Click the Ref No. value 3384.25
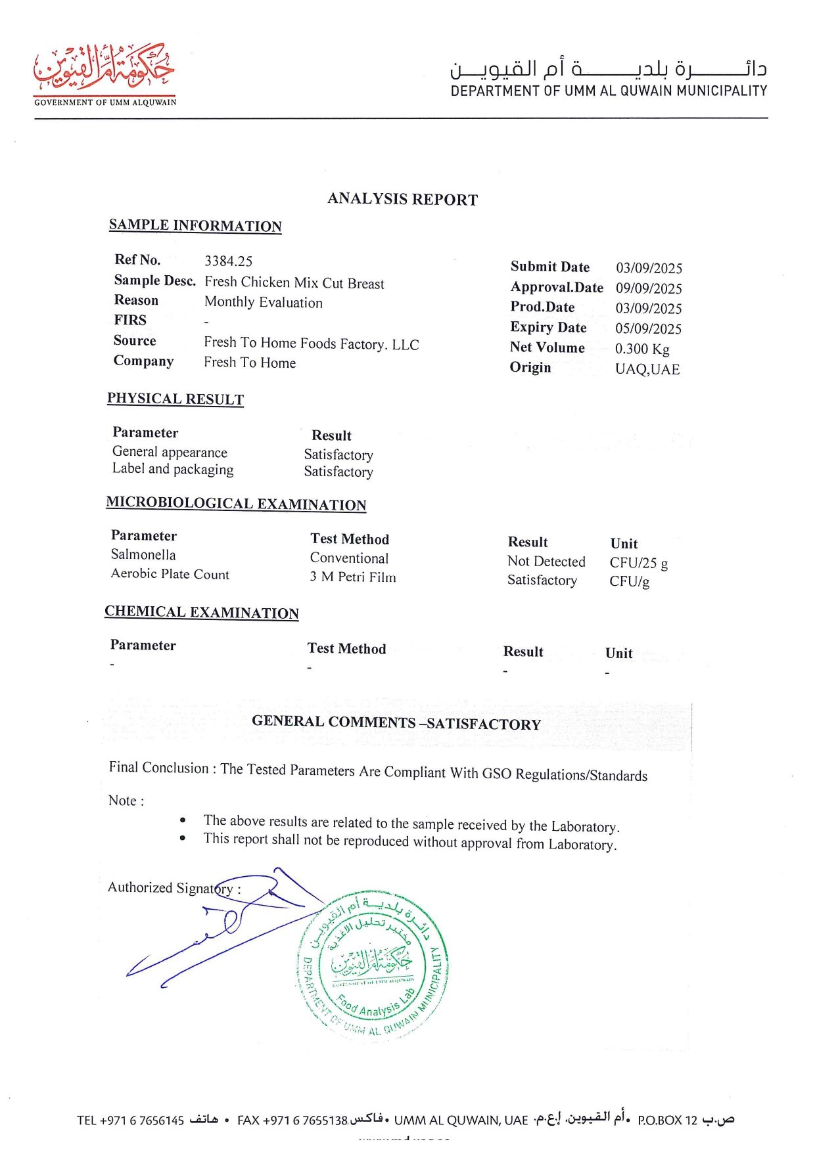[228, 261]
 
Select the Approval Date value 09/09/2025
[648, 289]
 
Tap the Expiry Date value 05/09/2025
[648, 329]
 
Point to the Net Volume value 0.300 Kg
[641, 349]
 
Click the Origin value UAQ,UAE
[647, 370]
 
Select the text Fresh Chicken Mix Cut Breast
[294, 283]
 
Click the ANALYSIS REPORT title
[402, 199]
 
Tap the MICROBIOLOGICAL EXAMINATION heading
[236, 504]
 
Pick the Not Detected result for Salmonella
[546, 562]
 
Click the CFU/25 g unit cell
[638, 564]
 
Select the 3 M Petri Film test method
[353, 577]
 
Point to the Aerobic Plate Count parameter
[170, 574]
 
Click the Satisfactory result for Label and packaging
[338, 472]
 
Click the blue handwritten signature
[223, 933]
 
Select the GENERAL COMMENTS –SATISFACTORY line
[396, 723]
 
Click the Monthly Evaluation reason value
[263, 303]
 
